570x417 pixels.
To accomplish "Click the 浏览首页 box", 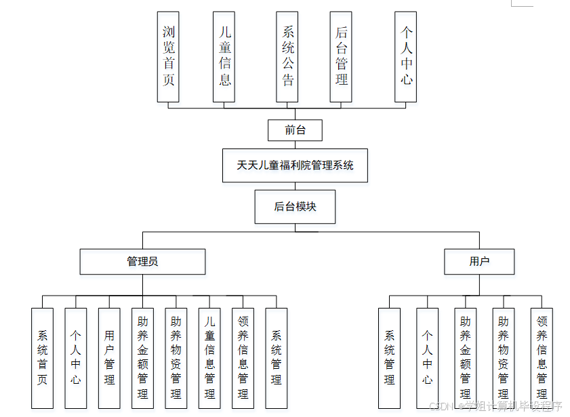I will coord(168,56).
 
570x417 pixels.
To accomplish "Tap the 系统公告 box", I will coord(287,56).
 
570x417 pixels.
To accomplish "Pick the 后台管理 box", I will coord(341,56).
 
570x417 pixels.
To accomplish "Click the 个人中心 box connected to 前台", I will coord(406,56).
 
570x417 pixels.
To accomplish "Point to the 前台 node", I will coord(295,130).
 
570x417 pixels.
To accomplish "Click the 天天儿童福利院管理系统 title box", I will coord(295,165).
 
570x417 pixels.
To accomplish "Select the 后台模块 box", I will coord(295,207).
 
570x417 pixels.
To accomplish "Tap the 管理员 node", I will coord(142,261).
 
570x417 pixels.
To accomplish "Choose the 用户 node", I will coord(479,261).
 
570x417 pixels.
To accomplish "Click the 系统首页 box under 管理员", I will coord(42,358).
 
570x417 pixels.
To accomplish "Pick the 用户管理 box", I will coord(109,358).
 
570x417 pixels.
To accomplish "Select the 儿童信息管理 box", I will coord(209,358).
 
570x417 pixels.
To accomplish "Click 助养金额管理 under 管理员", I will coord(142,358).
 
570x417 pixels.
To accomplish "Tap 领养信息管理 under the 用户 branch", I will coord(542,358).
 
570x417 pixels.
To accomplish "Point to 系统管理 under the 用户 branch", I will coord(389,358).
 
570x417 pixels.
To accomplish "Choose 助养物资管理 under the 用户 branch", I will coord(503,358).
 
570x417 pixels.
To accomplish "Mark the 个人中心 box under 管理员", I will coord(75,358).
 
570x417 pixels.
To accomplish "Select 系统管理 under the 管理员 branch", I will coord(276,358).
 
